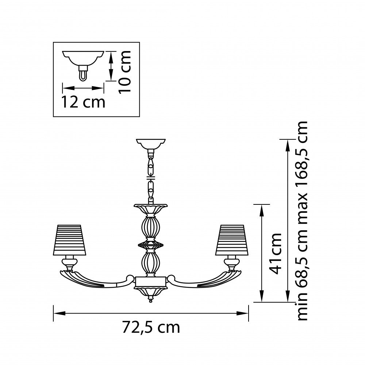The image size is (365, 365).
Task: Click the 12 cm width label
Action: pos(83,102)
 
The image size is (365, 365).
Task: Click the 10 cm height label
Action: pos(125,72)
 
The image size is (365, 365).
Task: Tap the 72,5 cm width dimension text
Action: pos(151,327)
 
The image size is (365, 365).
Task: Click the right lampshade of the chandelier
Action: pos(232,240)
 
